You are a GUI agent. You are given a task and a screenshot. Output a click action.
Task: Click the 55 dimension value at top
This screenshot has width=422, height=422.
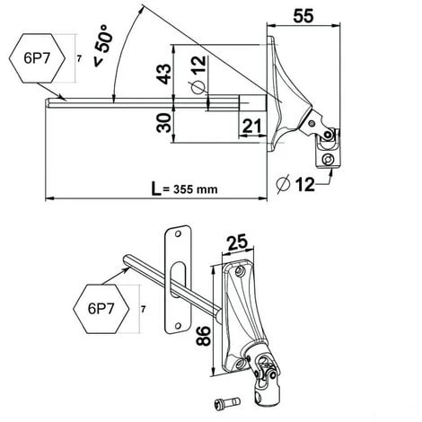[303, 16]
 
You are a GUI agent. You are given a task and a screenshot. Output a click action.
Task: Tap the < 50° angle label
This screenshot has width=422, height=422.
[103, 45]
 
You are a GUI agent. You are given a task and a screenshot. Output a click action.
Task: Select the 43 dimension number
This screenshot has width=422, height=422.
[164, 74]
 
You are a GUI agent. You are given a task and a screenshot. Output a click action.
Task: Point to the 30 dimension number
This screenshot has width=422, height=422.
[164, 123]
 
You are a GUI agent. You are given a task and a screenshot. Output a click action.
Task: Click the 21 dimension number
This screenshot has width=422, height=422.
[251, 126]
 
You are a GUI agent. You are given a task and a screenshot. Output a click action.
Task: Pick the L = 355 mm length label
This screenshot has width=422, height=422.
[184, 189]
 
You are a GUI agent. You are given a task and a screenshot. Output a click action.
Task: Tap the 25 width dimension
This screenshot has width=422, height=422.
[237, 242]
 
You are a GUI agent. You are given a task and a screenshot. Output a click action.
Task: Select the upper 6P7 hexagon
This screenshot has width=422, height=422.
[37, 58]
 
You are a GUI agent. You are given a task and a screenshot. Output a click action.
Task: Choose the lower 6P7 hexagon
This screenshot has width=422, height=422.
[101, 309]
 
